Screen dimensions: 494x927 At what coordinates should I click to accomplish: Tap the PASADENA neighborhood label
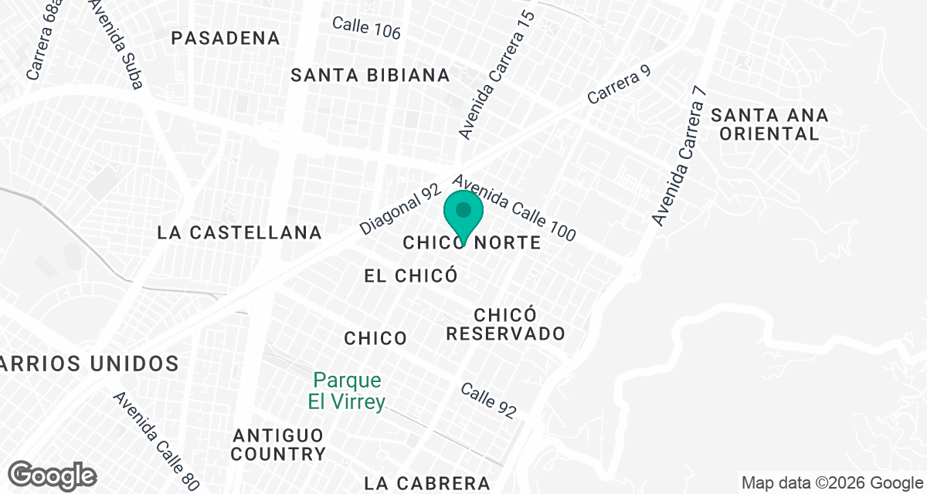click(225, 38)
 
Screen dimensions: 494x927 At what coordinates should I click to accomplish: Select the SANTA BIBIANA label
click(370, 75)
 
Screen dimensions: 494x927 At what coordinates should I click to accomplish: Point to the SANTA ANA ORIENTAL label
click(769, 124)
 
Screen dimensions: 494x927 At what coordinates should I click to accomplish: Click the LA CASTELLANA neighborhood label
click(239, 232)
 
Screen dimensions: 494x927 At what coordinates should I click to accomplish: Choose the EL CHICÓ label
click(411, 276)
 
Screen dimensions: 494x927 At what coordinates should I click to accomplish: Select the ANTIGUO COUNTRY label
click(278, 444)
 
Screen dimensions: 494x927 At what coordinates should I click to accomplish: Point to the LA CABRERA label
click(427, 483)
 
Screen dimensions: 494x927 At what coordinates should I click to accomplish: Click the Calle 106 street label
click(366, 28)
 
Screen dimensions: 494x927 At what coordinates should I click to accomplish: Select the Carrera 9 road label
click(620, 85)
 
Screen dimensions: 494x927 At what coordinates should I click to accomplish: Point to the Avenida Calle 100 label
click(514, 207)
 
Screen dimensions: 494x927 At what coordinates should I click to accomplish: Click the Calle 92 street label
click(487, 401)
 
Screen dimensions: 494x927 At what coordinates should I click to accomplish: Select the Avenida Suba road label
click(116, 42)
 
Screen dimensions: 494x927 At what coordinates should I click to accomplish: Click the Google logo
click(53, 475)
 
